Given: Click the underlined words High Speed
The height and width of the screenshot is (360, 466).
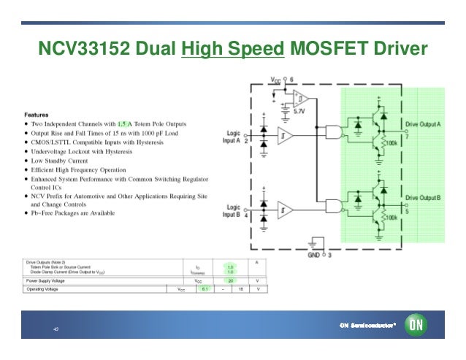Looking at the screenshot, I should click(232, 50).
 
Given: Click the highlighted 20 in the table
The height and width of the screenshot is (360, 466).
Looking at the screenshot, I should click(230, 280).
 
